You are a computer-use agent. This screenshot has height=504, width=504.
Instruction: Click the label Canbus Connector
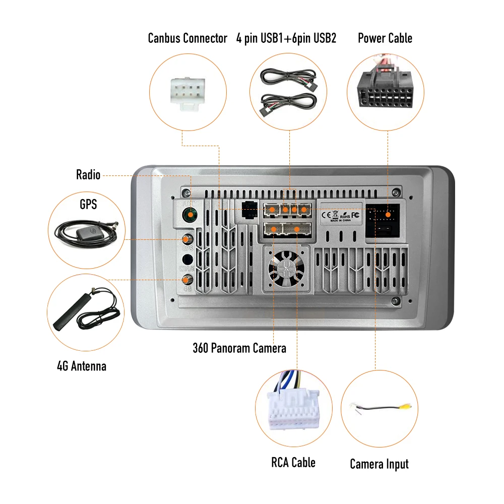pyautogui.click(x=187, y=38)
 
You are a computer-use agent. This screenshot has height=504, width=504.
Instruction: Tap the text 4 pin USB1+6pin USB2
pyautogui.click(x=286, y=38)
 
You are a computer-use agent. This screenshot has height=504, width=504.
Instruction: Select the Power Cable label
pyautogui.click(x=385, y=38)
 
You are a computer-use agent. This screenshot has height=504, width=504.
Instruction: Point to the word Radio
pyautogui.click(x=88, y=175)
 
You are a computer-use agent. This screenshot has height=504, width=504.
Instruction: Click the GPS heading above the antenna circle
pyautogui.click(x=88, y=204)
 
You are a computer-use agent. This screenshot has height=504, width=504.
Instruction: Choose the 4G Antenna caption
pyautogui.click(x=82, y=366)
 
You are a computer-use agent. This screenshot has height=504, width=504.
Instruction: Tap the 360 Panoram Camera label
pyautogui.click(x=239, y=348)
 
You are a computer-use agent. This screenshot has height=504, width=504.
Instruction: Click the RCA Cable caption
pyautogui.click(x=293, y=462)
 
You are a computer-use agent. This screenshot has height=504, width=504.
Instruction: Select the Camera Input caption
pyautogui.click(x=379, y=464)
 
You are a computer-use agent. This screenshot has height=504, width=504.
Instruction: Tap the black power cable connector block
pyautogui.click(x=385, y=90)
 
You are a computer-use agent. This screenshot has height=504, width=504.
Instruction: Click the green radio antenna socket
pyautogui.click(x=190, y=216)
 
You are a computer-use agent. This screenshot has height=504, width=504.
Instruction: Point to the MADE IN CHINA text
pyautogui.click(x=341, y=220)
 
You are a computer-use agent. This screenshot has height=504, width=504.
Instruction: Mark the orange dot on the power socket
pyautogui.click(x=389, y=215)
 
